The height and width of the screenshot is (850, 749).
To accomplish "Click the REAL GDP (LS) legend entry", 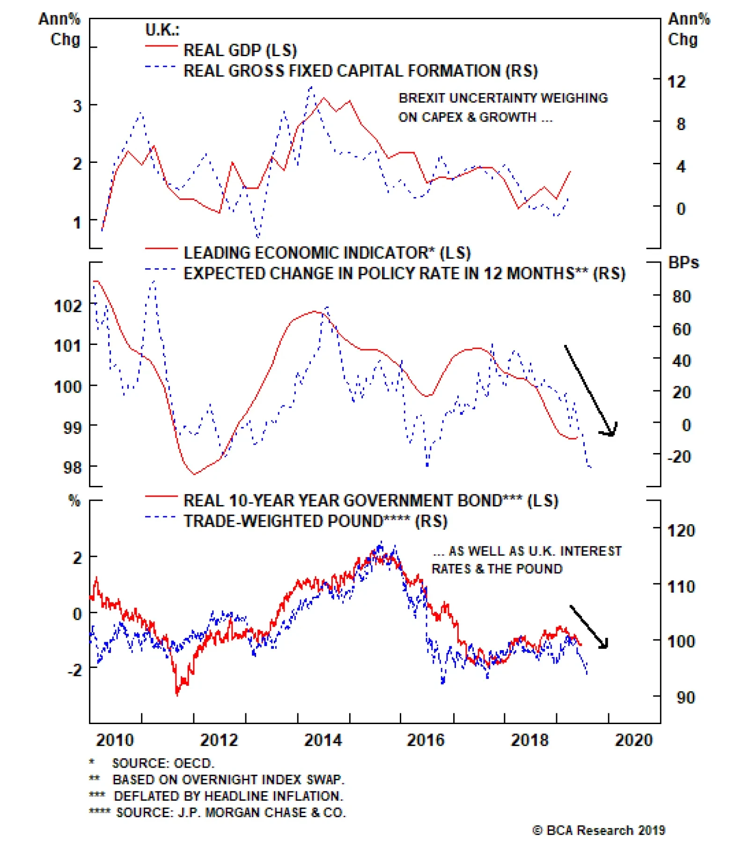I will click(240, 50).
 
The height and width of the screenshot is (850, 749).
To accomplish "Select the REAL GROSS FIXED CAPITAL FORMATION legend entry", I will click(360, 71).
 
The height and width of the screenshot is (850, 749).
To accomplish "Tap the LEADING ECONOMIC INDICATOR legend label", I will click(327, 253).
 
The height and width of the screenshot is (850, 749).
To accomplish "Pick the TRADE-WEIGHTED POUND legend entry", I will click(315, 521).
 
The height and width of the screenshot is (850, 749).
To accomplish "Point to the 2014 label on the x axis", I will click(323, 740).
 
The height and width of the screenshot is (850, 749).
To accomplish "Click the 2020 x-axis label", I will click(633, 740).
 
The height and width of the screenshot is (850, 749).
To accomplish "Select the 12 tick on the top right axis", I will click(676, 82).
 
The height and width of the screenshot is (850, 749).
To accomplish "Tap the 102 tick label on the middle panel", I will click(68, 306).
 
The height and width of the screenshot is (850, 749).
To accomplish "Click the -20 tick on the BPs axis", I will click(679, 456).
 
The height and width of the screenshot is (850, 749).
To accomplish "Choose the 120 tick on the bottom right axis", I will click(681, 531).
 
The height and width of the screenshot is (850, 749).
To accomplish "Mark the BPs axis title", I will click(683, 263).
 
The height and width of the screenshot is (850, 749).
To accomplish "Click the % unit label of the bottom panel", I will click(74, 501).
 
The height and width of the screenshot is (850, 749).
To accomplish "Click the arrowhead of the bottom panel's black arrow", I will click(604, 645).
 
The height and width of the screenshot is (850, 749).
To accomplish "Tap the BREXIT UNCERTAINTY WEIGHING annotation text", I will click(503, 98).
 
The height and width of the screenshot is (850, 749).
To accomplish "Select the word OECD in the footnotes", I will click(193, 763).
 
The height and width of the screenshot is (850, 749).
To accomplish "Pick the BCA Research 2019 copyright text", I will click(599, 830).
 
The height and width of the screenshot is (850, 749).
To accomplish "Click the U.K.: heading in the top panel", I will click(162, 30).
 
